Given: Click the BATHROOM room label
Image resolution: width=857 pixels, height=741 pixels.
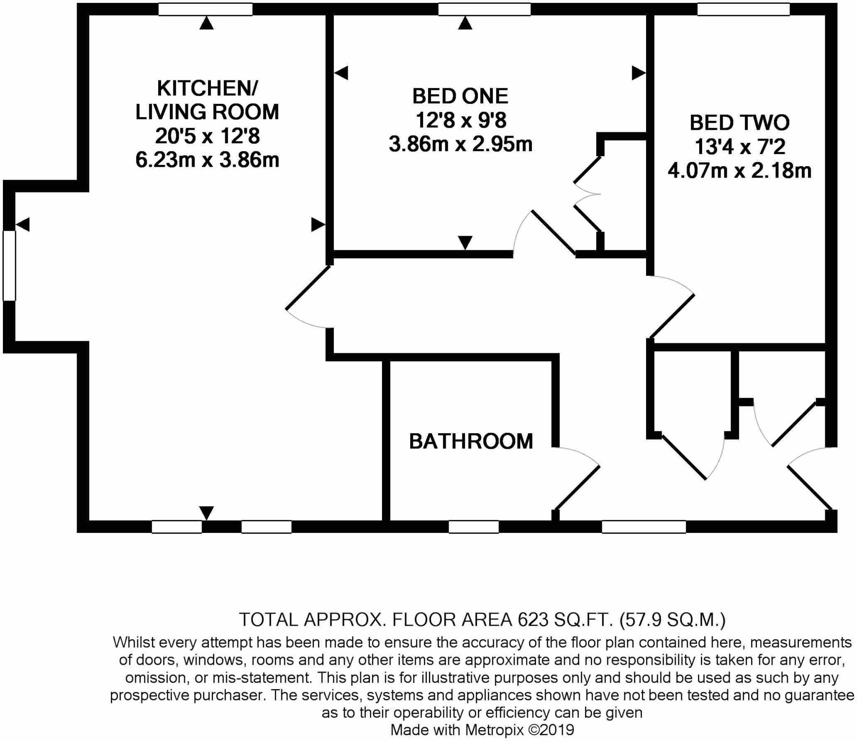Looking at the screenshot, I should tap(471, 442).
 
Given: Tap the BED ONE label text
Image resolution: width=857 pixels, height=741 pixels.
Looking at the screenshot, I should tap(460, 96).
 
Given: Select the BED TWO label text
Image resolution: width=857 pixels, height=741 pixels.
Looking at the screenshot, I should tap(739, 123).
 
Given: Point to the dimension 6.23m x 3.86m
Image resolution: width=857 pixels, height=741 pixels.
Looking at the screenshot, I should tap(207, 160).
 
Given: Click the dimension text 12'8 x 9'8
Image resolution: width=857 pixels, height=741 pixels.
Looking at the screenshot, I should tap(461, 121).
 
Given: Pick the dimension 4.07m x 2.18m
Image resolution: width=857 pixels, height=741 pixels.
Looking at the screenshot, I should tap(739, 171).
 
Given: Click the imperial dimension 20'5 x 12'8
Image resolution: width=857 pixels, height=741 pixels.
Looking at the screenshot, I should tap(207, 136).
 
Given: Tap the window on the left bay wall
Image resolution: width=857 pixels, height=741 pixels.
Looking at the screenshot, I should tap(9, 265).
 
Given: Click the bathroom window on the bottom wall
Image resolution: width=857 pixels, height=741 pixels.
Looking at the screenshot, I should tap(473, 527).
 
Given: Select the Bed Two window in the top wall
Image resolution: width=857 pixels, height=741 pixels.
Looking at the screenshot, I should tap(743, 9).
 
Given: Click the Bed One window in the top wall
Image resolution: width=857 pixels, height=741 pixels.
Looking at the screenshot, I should tap(484, 9).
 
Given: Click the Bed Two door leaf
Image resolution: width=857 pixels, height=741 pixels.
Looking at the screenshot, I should tap(672, 316).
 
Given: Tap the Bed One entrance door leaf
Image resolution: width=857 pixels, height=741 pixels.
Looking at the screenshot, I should tap(554, 233).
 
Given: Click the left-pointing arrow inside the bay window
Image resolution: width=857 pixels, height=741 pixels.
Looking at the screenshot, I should tap(23, 224).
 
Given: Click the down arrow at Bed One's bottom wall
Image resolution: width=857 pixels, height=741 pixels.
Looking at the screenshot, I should tap(465, 242).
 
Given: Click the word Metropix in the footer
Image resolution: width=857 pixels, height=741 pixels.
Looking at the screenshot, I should tap(494, 730).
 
